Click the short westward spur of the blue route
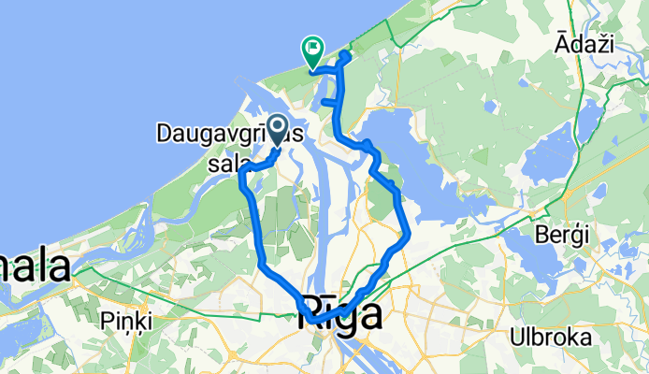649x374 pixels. click(328, 101)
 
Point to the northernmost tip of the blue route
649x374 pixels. click(346, 55)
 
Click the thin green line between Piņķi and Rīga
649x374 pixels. click(215, 314)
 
